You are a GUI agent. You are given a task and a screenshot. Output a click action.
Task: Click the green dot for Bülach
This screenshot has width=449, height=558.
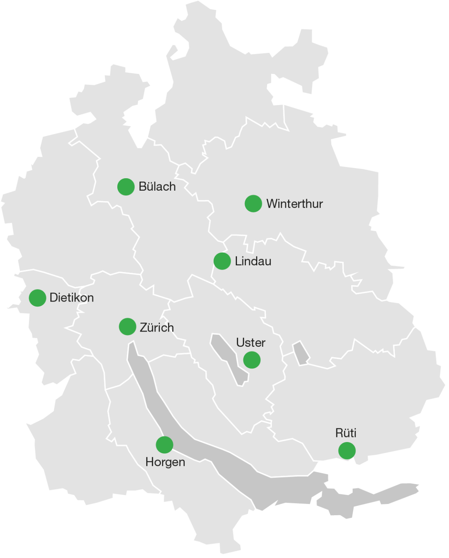pos(126,187)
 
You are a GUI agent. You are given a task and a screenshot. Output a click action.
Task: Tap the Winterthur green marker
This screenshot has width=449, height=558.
pos(253,204)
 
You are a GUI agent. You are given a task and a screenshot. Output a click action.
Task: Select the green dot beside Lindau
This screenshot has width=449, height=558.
pos(222,261)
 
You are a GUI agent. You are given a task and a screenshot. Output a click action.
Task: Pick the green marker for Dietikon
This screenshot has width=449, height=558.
pos(37,298)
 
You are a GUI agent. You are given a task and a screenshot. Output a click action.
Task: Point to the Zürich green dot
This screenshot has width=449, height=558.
pos(127,326)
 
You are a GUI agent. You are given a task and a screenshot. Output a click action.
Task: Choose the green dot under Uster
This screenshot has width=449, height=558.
pos(252,360)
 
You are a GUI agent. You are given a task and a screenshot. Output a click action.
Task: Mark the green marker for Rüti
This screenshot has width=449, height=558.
pos(347,451)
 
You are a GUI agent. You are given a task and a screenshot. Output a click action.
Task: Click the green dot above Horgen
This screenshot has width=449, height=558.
pos(164,445)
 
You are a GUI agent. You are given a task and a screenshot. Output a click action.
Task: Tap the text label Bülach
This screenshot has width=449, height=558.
pos(157,187)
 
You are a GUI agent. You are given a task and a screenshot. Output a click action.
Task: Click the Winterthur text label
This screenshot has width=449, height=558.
pos(295,204)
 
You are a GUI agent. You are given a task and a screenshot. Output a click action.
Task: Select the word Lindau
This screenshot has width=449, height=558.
pos(253,261)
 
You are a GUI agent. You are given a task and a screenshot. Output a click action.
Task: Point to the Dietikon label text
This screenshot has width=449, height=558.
pos(72,298)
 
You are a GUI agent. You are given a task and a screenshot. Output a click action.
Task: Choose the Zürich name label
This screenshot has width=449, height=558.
pos(157,328)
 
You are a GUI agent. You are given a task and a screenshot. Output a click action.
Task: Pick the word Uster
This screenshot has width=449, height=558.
pos(251,343)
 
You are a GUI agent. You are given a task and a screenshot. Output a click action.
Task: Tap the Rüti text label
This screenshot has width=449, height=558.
pos(346,433)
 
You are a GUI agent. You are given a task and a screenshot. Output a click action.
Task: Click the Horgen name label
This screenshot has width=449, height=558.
pos(165,462)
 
